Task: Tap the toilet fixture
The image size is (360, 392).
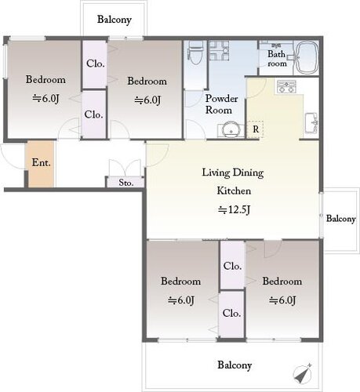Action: [x=195, y=53]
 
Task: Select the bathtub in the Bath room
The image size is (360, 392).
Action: [x=306, y=57]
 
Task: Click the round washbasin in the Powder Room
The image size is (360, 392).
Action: [x=230, y=129]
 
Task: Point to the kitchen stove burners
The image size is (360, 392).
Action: [x=286, y=87]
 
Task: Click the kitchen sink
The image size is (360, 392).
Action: [x=311, y=123]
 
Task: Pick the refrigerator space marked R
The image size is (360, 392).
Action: [x=255, y=129]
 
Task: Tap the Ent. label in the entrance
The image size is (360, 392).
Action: [x=41, y=163]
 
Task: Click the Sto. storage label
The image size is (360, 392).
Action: [x=126, y=183]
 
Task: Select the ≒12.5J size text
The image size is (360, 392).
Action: [x=235, y=209]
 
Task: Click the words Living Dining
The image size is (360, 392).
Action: [x=233, y=173]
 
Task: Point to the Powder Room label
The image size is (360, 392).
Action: [x=221, y=104]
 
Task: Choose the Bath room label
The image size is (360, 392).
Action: [x=277, y=59]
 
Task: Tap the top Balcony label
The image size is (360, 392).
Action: [x=115, y=20]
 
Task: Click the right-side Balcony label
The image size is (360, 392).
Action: [x=341, y=219]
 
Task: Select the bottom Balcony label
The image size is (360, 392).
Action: [x=235, y=365]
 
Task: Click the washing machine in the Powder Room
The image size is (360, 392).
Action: [x=219, y=50]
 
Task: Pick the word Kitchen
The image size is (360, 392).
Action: [x=234, y=191]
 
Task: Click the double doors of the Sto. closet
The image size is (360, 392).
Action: [x=125, y=167]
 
